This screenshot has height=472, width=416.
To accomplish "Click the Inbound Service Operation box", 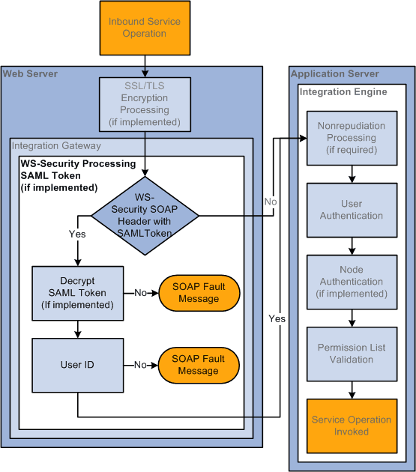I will tap(137, 28).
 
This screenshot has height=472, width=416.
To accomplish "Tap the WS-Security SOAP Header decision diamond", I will tap(145, 216).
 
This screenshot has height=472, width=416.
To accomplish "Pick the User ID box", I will tap(77, 365).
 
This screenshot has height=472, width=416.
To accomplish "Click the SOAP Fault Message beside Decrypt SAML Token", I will tap(198, 293).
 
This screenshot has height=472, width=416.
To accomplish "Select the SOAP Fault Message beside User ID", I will tap(198, 365).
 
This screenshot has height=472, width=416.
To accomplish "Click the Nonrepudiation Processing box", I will tap(352, 138).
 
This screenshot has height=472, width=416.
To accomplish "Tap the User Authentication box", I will tap(352, 210).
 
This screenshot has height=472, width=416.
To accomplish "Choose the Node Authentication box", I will tap(352, 282).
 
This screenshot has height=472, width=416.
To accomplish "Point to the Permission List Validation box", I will tap(352, 354).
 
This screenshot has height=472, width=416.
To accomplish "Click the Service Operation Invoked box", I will tap(352, 426).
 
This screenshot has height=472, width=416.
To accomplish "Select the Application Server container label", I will tap(334, 73).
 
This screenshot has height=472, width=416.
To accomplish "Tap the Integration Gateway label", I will tap(56, 145).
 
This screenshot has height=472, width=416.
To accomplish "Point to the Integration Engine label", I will tap(343, 91).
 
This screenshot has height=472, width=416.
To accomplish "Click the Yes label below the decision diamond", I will tap(77, 234).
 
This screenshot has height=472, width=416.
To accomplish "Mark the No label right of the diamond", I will tap(271, 201).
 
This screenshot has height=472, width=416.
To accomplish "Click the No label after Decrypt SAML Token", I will tap(140, 293).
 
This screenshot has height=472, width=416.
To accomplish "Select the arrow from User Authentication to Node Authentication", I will tap(352, 243).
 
